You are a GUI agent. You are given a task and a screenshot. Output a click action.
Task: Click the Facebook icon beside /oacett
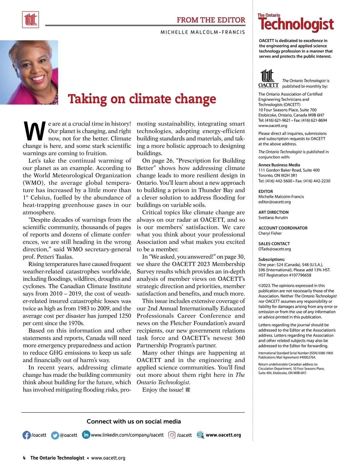(27, 435)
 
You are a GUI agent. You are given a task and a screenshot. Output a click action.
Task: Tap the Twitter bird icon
(55, 435)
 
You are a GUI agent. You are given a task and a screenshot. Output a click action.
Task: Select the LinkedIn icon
(86, 434)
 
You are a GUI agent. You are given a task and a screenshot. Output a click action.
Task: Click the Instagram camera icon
(172, 435)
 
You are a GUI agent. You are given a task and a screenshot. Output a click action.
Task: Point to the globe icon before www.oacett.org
(200, 435)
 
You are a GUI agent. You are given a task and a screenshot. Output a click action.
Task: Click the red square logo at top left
(30, 20)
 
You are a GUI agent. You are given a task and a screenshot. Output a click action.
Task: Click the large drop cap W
(34, 131)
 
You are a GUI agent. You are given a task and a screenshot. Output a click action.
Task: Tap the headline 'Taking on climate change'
(142, 99)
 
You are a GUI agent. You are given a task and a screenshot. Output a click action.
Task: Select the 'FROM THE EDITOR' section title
(211, 20)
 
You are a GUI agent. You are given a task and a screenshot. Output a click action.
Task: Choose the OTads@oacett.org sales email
(274, 249)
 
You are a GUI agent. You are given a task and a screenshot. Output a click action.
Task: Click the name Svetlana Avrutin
(273, 217)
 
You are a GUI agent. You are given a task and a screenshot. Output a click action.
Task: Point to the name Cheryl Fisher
(270, 233)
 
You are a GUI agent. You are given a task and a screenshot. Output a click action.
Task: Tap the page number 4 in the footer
(24, 458)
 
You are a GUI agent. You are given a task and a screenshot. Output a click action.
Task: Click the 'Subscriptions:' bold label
(271, 259)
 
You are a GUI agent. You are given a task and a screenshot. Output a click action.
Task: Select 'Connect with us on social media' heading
(133, 421)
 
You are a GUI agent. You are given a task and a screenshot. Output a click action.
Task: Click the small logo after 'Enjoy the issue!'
(188, 390)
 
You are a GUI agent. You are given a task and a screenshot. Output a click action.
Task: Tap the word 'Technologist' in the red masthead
(296, 25)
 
